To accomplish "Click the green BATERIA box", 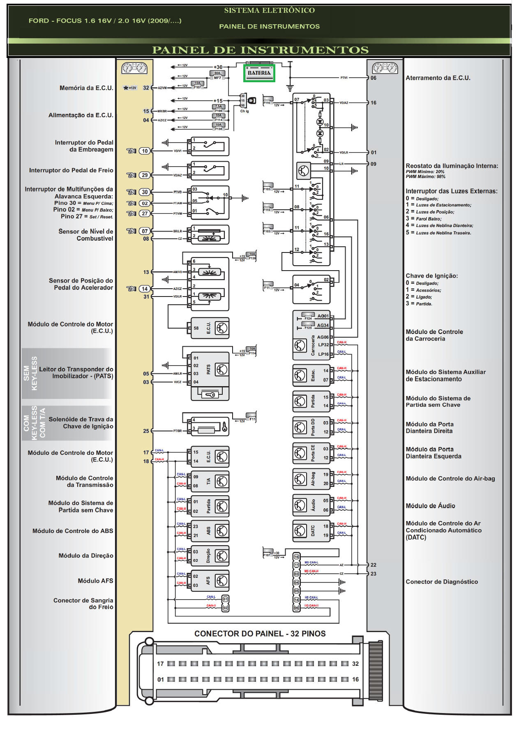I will [259, 73].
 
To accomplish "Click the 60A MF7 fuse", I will [217, 75].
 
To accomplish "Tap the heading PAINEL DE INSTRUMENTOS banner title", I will [260, 50].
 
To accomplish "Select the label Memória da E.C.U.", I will [86, 88].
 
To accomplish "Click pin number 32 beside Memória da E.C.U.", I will [146, 88].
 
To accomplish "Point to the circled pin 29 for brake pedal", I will [145, 175].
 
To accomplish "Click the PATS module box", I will [210, 370].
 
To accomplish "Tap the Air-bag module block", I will [311, 479].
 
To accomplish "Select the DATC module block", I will [311, 531].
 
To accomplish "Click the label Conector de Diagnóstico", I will [442, 582].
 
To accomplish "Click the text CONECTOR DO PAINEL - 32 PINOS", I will [260, 634].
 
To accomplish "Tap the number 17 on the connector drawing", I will [160, 664].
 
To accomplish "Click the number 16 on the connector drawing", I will [355, 679].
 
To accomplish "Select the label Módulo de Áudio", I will [430, 506].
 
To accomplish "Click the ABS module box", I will [210, 531].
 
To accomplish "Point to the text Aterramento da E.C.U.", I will [438, 78].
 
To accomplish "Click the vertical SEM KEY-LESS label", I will [30, 373].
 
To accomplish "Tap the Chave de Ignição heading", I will [431, 276].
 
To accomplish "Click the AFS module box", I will [210, 581].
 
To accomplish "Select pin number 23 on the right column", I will [373, 574].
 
